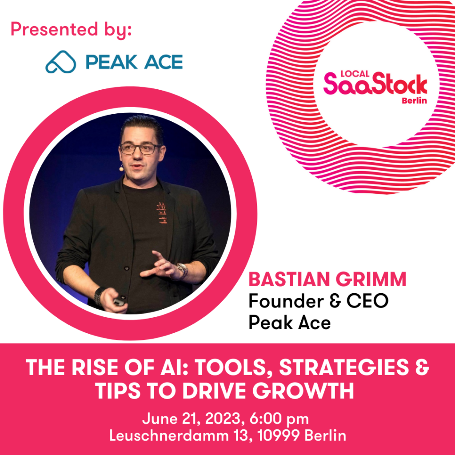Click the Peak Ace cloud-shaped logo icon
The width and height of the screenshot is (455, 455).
coord(60,62)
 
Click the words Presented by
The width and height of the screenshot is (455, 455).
coord(71,30)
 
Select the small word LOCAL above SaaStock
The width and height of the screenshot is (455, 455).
coord(355,74)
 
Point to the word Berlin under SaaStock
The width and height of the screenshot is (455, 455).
coord(414,101)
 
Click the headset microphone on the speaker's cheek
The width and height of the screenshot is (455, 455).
coord(121,168)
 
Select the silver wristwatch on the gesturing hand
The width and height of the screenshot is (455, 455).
coord(182,271)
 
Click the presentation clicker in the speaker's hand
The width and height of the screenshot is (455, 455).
coord(119,302)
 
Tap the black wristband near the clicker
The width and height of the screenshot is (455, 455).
coord(99,296)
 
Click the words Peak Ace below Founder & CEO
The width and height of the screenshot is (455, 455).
coord(290,323)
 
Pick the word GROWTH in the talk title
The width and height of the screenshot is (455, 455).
coord(303,391)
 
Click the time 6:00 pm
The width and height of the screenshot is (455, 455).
coord(279,419)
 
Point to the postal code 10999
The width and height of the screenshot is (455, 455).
coord(279,435)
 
